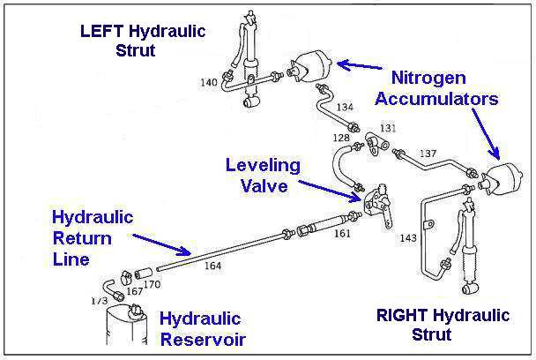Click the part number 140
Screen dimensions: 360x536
point(208,84)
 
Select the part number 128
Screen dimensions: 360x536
point(340,139)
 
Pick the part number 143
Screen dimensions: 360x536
point(406,238)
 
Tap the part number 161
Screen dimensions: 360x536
point(343,234)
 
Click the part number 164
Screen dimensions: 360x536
point(212,265)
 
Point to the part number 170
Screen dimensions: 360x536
point(153,285)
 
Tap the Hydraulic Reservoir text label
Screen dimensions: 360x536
point(202,329)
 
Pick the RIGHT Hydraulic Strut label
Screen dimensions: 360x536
point(443,325)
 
